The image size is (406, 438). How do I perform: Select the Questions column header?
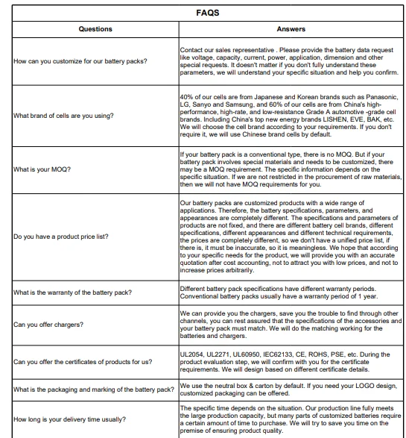pos(95,29)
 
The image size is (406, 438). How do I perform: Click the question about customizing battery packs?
pos(80,60)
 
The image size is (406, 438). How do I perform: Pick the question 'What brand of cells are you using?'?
pos(66,116)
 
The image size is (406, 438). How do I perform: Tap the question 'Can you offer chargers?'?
pos(48,325)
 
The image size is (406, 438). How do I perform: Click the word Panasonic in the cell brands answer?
pos(384,98)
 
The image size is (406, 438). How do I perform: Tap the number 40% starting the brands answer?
pos(188,98)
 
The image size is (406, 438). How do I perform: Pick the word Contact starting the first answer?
pos(193,50)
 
